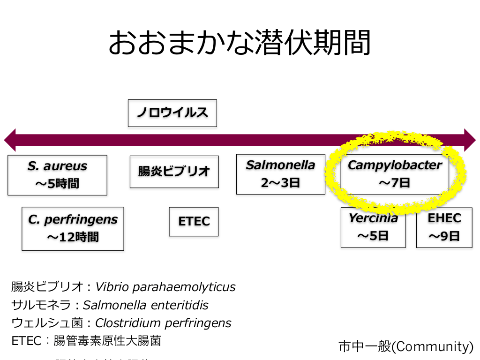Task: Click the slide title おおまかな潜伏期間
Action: pos(240,44)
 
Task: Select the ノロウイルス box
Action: pos(172,113)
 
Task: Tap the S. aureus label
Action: pos(57,166)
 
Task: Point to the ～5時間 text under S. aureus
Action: pos(57,183)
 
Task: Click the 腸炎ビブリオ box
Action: pos(174,172)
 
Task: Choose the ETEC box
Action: pos(194,222)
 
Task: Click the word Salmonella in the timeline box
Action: pos(280,165)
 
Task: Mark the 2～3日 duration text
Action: pos(280,182)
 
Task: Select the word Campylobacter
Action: pos(395,165)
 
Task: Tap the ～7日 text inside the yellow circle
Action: pos(395,182)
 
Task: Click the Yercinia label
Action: pos(373,218)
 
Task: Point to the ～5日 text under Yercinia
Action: pos(373,235)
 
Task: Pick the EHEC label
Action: pos(444,218)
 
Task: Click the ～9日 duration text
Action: pos(444,236)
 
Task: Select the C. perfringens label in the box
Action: pos(73,219)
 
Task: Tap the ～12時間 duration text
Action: pos(73,237)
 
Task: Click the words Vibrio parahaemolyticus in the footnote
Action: pos(165,287)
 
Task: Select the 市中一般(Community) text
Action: pos(406,346)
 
